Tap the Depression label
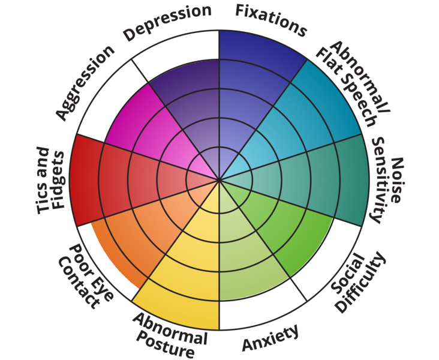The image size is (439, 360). pos(167,22)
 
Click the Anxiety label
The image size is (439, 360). pos(270,338)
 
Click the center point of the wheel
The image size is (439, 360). pos(220,179)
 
